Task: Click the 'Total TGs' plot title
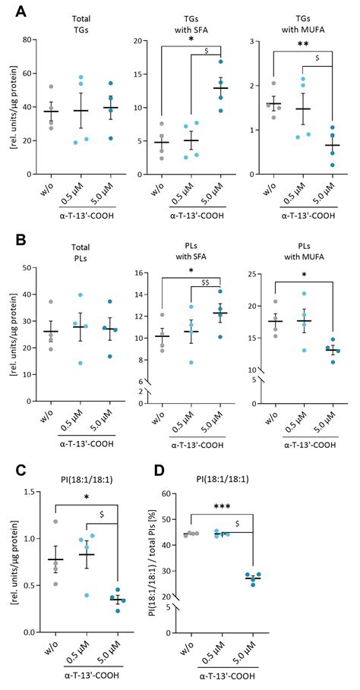pyautogui.click(x=74, y=21)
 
